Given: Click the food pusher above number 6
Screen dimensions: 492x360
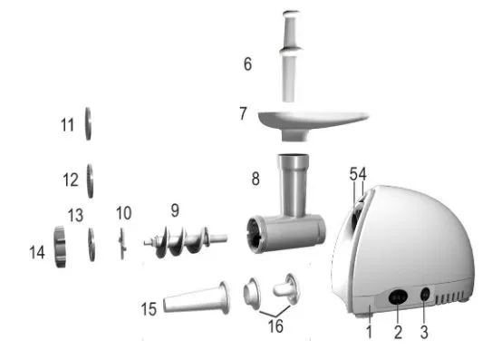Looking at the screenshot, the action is [291, 56].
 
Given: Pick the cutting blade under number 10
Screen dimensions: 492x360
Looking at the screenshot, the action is [122, 244].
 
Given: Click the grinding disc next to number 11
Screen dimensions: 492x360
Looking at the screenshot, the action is [88, 123].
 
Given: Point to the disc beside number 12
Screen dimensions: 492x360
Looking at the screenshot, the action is [90, 181].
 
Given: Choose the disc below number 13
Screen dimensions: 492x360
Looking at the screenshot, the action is [92, 245].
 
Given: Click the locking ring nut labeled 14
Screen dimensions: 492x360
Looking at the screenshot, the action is [60, 247].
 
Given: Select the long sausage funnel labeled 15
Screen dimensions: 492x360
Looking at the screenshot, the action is [197, 298].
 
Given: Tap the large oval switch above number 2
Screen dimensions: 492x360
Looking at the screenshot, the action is [398, 297].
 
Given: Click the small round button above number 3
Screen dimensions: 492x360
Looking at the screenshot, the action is [425, 295].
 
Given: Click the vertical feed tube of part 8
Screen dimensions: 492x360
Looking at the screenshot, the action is [293, 185].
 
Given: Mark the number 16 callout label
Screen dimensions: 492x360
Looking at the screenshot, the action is [275, 326].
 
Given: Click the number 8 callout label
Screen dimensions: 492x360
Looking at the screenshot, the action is [256, 179].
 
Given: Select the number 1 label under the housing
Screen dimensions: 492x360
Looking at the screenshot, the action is [370, 331].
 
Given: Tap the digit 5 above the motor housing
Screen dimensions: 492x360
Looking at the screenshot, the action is [353, 174].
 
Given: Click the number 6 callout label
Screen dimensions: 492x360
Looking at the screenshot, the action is [247, 63].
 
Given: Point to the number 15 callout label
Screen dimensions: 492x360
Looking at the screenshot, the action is [149, 309].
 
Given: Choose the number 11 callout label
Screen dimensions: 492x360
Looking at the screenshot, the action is [67, 125].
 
